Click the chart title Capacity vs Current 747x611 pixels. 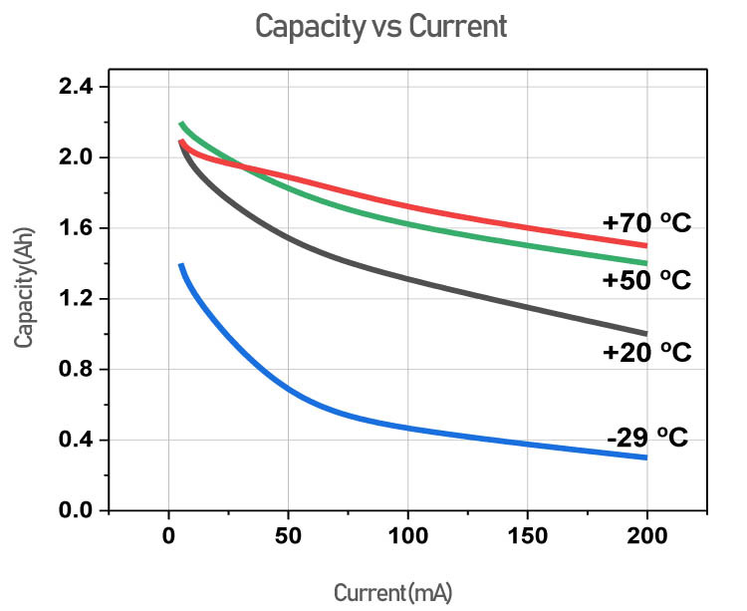[x=380, y=26]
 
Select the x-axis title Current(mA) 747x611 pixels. [x=392, y=593]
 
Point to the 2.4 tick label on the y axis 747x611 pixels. [x=73, y=88]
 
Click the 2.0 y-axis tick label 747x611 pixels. [x=73, y=157]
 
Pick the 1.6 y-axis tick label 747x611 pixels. [x=73, y=228]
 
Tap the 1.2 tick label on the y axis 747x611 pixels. [x=73, y=299]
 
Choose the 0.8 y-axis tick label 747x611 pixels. [x=73, y=370]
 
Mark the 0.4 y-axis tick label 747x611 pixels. [x=73, y=441]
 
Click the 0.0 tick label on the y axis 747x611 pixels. [x=73, y=510]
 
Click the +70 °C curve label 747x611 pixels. [x=645, y=223]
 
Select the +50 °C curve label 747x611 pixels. [x=645, y=280]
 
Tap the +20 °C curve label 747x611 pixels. [x=645, y=352]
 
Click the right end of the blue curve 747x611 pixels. [x=646, y=458]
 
